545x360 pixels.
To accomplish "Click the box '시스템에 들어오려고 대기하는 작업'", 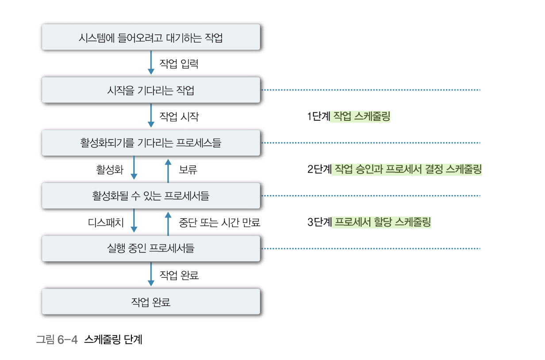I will (150, 38).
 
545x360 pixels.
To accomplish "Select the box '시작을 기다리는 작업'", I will (150, 91).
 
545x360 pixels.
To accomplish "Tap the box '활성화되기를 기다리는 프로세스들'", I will (150, 143).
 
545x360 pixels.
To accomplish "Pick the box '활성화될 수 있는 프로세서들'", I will (150, 196).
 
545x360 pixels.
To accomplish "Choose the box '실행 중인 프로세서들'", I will (150, 249).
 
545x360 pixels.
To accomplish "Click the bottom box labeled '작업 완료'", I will (150, 302).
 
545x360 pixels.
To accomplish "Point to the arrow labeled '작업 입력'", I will (151, 64).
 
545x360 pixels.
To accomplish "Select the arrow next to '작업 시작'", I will (151, 116).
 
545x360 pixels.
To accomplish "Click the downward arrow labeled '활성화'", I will (134, 169).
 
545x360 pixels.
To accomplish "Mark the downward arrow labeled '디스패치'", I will (134, 222).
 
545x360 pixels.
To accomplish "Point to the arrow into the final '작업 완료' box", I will (151, 275).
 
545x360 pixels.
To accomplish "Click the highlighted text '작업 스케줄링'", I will (361, 117).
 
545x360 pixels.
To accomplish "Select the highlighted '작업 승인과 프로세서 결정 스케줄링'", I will (407, 169).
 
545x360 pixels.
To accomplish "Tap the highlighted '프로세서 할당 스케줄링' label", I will (382, 222).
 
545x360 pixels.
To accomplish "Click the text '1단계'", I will (318, 117).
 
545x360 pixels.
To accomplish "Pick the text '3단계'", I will (319, 222).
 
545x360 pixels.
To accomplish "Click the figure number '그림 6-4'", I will (57, 340).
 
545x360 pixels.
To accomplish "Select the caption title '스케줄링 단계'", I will (113, 340).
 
